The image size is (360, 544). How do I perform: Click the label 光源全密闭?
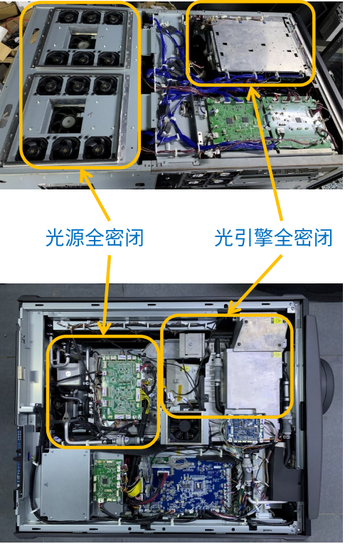coord(95,238)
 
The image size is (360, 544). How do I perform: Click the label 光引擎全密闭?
coord(273,238)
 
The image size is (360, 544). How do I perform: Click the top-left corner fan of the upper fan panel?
coord(67,16)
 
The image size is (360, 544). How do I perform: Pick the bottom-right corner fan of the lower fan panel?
coord(97,147)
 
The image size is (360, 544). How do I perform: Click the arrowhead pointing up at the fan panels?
coord(85,176)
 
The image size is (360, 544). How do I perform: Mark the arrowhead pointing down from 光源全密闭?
coord(105,328)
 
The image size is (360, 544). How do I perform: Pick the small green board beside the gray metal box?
coord(108,481)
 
